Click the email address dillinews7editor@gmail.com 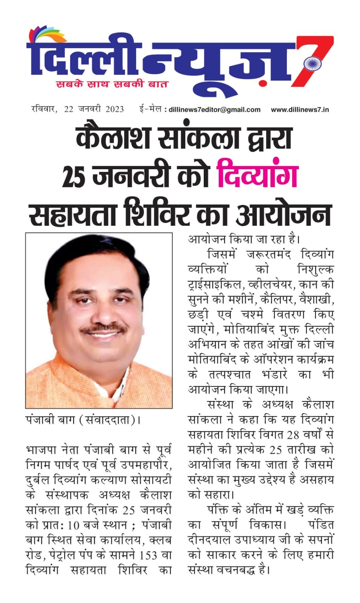pos(214,110)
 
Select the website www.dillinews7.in pos(300,110)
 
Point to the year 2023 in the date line pos(114,109)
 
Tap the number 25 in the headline pos(73,176)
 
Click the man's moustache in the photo pos(105,329)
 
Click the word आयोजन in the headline pos(283,215)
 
